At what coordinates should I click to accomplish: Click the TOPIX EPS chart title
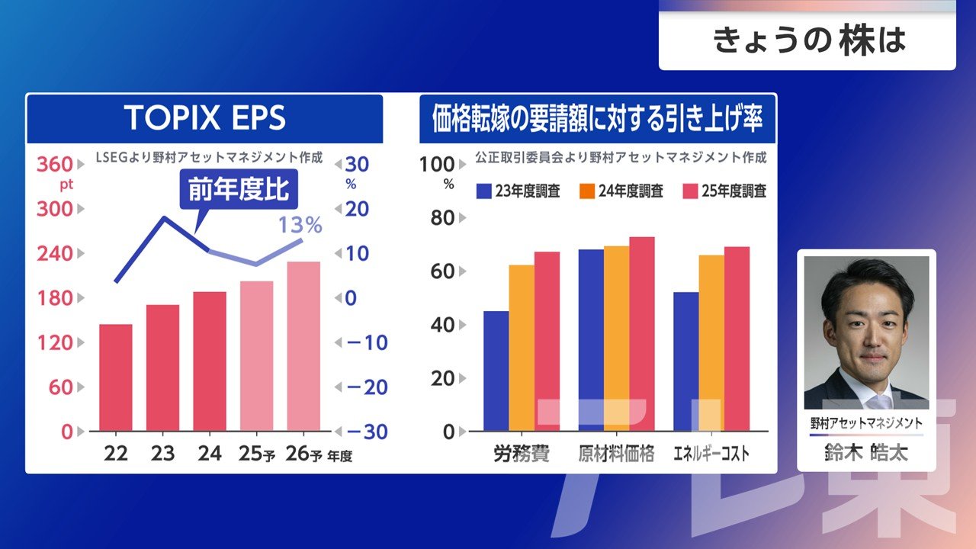click(x=204, y=118)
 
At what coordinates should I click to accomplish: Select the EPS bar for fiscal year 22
click(x=116, y=377)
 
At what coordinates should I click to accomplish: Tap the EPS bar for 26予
click(x=303, y=347)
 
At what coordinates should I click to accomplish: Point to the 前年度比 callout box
click(x=239, y=189)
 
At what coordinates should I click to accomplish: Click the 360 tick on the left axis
click(x=55, y=164)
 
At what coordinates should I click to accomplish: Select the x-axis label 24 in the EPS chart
click(x=209, y=454)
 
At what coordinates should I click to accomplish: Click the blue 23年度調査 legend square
click(x=483, y=191)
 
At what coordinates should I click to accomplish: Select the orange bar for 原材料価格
click(x=616, y=339)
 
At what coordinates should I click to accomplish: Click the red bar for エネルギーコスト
click(x=737, y=339)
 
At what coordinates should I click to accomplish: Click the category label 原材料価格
click(x=616, y=454)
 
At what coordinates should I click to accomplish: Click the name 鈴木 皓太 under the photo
click(x=866, y=453)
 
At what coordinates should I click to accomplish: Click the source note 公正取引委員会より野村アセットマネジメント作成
click(x=620, y=158)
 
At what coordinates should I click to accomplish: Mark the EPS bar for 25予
click(x=256, y=356)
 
